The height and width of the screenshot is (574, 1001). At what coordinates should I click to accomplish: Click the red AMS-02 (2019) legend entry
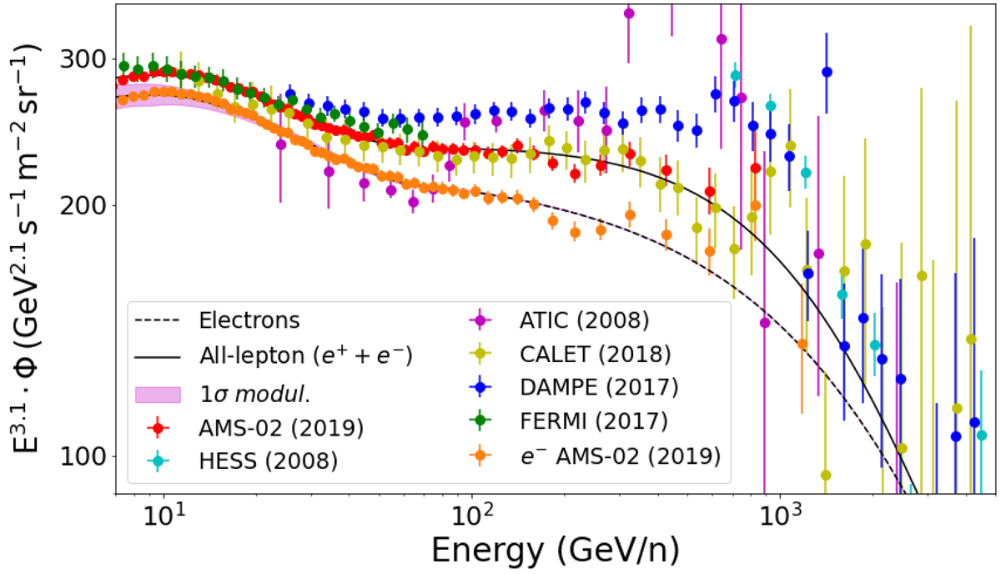[280, 428]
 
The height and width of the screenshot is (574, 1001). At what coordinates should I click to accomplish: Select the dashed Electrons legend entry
[249, 320]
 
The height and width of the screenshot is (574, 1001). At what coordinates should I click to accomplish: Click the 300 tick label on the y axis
[88, 59]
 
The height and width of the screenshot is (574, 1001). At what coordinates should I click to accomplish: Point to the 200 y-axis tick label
[88, 206]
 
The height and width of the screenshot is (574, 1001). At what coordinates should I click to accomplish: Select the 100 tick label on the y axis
[88, 456]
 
